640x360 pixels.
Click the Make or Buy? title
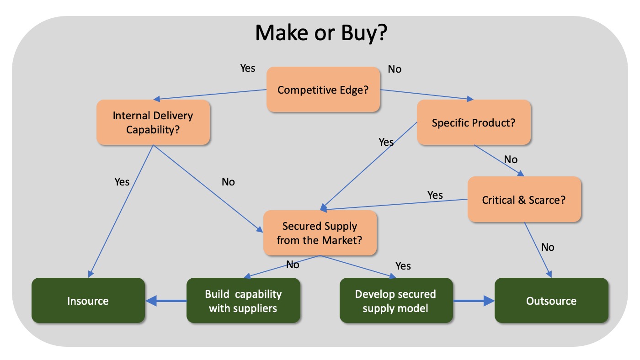click(x=321, y=33)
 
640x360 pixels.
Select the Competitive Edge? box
click(x=323, y=90)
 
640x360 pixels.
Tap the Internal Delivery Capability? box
click(x=153, y=122)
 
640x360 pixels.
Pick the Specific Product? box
click(x=474, y=122)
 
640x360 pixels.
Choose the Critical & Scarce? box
click(x=524, y=199)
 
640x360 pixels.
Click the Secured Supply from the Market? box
click(x=320, y=233)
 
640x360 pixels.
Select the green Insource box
click(x=88, y=300)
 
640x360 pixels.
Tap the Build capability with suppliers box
click(x=243, y=300)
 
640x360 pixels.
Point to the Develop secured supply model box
click(x=396, y=300)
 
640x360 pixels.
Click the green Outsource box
click(x=551, y=300)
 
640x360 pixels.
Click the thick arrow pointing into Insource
click(x=166, y=301)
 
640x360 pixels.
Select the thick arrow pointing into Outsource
click(x=474, y=301)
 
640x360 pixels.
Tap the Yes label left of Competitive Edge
click(x=248, y=68)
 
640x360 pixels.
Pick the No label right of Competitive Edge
click(x=395, y=69)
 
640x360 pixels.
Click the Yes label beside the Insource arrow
click(x=122, y=182)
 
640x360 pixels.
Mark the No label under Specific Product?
click(x=511, y=159)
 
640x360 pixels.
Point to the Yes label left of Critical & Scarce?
click(x=435, y=195)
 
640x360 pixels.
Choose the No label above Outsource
click(x=548, y=247)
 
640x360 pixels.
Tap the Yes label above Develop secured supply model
click(x=403, y=266)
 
